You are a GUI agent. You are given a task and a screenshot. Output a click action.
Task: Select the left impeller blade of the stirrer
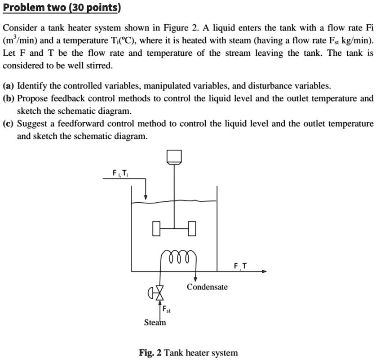click(156, 229)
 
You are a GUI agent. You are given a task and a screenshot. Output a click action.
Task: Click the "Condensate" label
click(207, 287)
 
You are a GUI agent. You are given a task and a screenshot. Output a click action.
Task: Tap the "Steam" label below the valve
click(155, 322)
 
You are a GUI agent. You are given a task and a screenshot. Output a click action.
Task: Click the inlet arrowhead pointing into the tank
click(146, 196)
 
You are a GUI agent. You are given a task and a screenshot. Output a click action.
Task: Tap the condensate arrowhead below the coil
click(195, 280)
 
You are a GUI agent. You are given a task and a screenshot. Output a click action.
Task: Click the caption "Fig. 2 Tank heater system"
click(188, 352)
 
